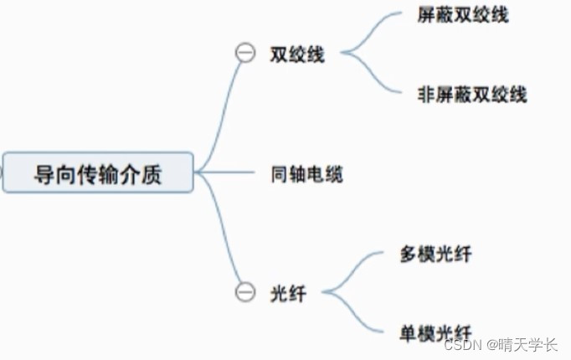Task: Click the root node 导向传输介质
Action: tap(98, 173)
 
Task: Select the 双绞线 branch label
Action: tap(297, 55)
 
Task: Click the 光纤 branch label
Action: tap(287, 293)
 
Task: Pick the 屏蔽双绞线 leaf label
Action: tap(462, 16)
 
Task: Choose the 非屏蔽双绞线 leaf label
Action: tap(471, 94)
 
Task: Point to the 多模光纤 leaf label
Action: tap(435, 254)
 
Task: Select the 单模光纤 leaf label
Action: tap(435, 332)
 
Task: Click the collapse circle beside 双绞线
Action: tap(245, 54)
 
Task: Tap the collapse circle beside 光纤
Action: tap(244, 292)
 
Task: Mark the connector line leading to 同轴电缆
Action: tap(226, 173)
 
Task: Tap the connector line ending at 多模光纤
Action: tap(360, 267)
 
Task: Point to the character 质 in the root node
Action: tap(152, 174)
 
